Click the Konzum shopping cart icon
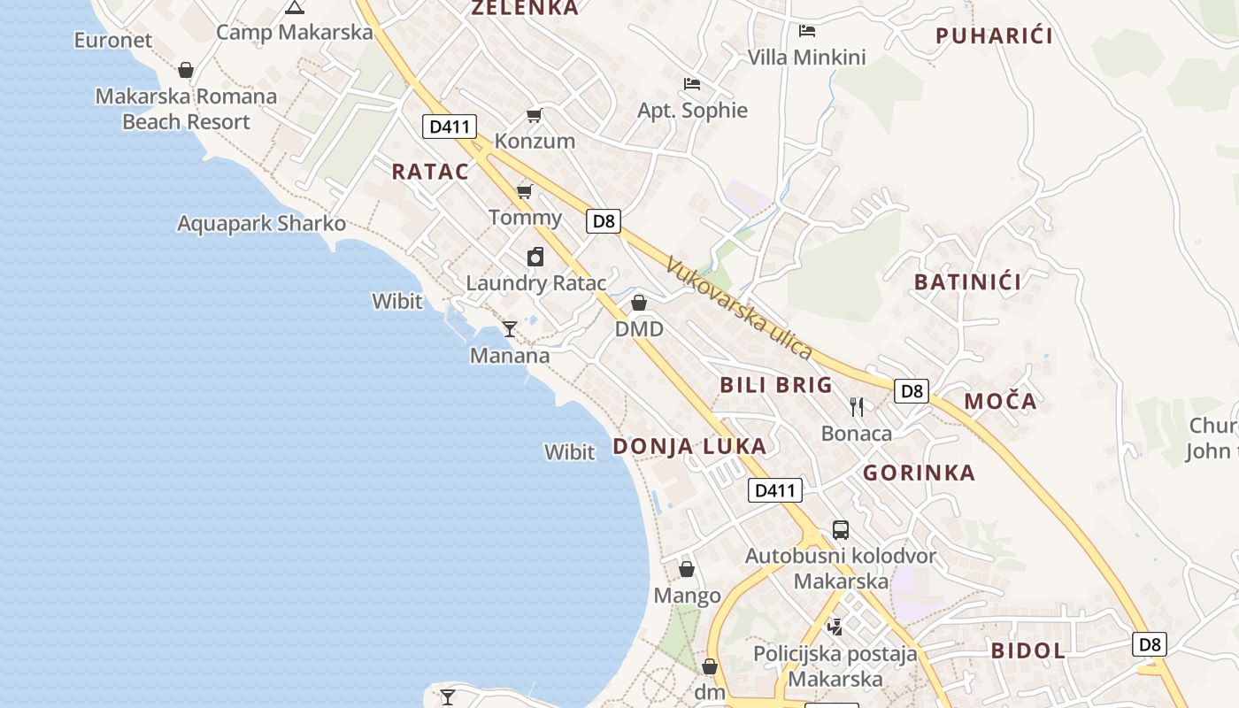(534, 115)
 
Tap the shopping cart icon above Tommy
(525, 191)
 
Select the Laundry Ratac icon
(535, 257)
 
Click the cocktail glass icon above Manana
(510, 329)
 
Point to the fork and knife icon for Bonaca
(856, 407)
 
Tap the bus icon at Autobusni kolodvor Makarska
(841, 530)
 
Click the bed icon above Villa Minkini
(807, 31)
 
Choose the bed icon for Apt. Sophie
(692, 84)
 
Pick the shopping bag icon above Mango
(687, 569)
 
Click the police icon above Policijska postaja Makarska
(835, 627)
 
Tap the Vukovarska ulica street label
(739, 308)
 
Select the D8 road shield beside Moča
(911, 390)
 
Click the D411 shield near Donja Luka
(775, 490)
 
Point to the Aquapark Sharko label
(261, 223)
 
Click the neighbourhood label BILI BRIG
(776, 385)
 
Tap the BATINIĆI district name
(967, 282)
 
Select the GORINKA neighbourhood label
(919, 473)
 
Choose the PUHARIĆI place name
(994, 36)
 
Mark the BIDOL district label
(1027, 650)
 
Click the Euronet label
(112, 40)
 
